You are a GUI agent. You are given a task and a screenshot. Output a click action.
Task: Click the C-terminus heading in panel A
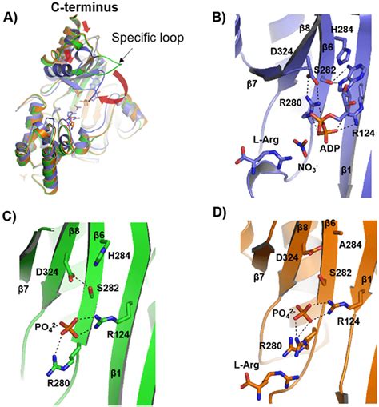pos(85,7)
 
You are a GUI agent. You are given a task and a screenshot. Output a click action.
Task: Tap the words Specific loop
pos(148,38)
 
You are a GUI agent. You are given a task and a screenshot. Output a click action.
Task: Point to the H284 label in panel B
pos(342,30)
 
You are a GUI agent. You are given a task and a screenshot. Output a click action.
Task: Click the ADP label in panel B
pos(329,149)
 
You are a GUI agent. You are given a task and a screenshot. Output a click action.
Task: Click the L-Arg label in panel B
pos(266,140)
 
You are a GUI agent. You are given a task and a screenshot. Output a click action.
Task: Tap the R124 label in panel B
pos(363,133)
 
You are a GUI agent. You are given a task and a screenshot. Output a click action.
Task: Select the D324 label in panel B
pos(281,51)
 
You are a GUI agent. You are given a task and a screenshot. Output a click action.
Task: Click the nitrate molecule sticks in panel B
pos(301,146)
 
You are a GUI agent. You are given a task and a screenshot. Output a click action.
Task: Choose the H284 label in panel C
pos(119,256)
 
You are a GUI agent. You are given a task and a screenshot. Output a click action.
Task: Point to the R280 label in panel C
pos(58,384)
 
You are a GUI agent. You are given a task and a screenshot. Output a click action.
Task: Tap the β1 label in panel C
pos(116,373)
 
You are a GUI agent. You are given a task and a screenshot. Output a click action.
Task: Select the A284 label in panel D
pos(350,245)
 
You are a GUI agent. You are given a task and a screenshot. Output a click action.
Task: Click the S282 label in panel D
pos(341,273)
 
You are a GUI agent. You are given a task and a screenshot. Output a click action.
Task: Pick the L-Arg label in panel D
pos(246,365)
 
